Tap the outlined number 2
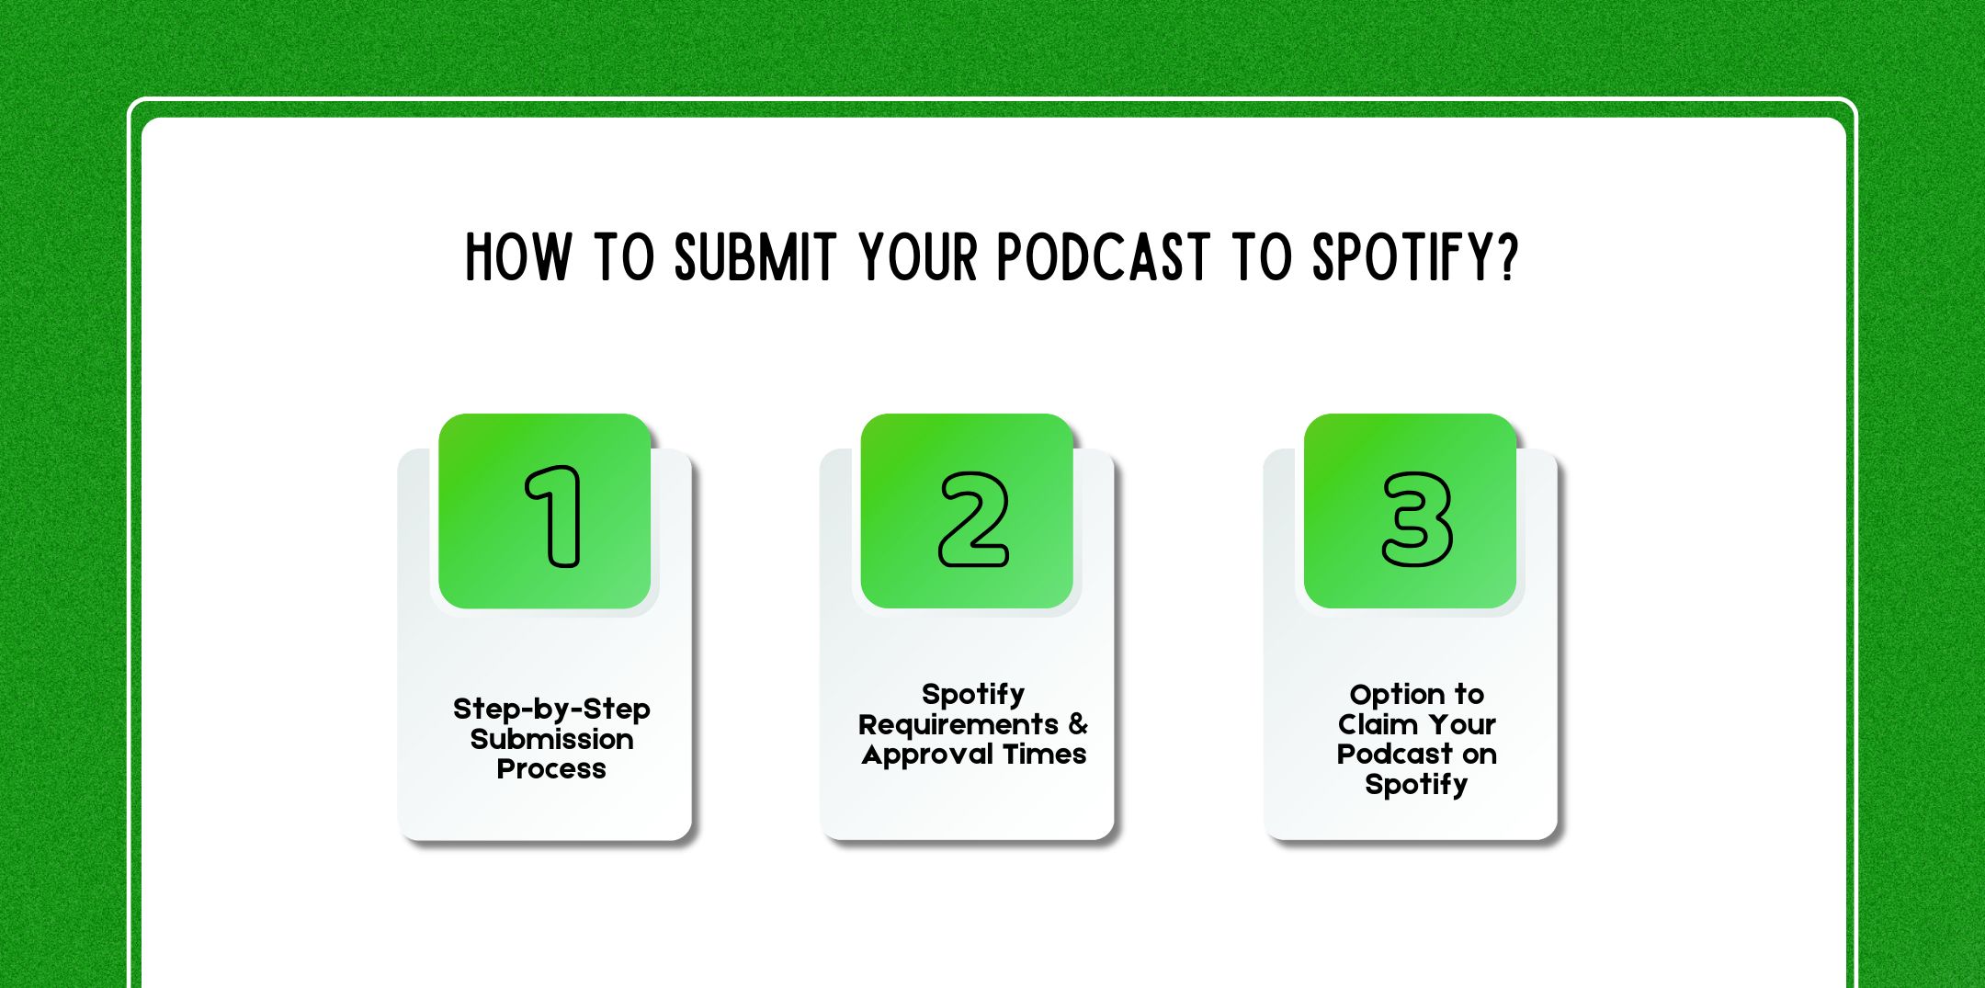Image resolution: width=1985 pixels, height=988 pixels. pyautogui.click(x=973, y=519)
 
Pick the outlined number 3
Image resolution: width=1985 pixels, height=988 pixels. pyautogui.click(x=1417, y=519)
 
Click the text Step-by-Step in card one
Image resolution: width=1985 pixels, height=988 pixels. pyautogui.click(x=551, y=710)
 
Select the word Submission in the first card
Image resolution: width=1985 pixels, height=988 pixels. pyautogui.click(x=551, y=739)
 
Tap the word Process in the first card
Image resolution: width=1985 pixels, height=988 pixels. pyautogui.click(x=551, y=769)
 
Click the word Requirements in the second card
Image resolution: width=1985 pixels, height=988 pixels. pyautogui.click(x=958, y=725)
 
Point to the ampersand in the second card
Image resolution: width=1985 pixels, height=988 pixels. pyautogui.click(x=1078, y=724)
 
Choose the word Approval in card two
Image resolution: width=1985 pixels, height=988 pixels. pyautogui.click(x=927, y=755)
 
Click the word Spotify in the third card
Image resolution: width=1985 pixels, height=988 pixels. pyautogui.click(x=1416, y=785)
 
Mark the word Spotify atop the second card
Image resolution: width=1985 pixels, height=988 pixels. pyautogui.click(x=973, y=695)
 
